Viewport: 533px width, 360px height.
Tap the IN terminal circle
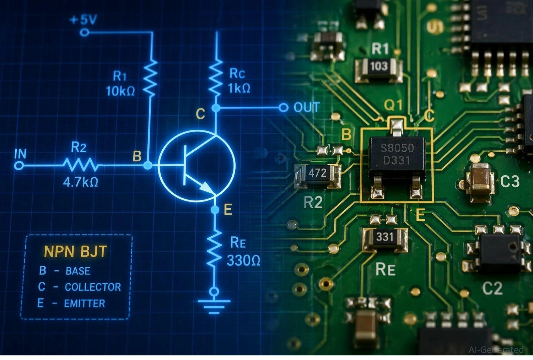click(x=20, y=166)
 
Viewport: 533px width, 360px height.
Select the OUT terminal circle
click(x=283, y=107)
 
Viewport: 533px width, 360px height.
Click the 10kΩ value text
click(x=120, y=91)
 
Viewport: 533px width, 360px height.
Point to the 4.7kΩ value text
click(x=80, y=182)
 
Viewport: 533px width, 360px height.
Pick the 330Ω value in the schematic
click(x=243, y=261)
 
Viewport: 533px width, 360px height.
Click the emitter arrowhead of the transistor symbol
click(x=206, y=187)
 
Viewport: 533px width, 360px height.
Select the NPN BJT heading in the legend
click(x=75, y=252)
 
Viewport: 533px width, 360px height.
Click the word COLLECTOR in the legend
click(x=93, y=287)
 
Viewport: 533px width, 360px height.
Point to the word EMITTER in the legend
click(x=85, y=304)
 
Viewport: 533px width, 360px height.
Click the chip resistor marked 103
click(x=379, y=66)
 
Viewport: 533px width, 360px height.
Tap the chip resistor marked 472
click(x=317, y=173)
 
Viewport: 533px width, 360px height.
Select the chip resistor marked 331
click(x=384, y=237)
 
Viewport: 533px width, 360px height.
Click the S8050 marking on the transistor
click(x=397, y=148)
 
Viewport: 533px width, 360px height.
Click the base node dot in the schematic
click(x=148, y=165)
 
